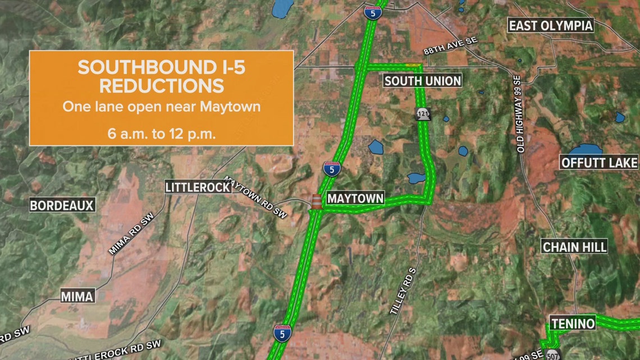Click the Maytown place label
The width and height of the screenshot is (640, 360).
[355, 198]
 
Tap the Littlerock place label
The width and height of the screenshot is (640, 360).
[198, 187]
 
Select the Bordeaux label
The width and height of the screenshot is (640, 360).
[62, 206]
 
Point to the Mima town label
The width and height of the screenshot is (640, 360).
[77, 296]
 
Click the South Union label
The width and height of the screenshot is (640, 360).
[422, 81]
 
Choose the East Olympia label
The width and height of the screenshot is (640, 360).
[550, 25]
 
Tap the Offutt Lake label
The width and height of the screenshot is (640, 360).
[600, 163]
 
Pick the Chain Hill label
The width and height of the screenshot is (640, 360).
[574, 247]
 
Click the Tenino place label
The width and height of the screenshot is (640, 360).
[573, 323]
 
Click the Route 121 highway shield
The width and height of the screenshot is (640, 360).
[422, 113]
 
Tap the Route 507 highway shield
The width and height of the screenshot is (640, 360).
[554, 354]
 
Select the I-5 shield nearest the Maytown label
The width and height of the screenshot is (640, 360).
[332, 169]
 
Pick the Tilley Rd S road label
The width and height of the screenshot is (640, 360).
[404, 290]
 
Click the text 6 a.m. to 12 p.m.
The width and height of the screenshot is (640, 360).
[161, 134]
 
